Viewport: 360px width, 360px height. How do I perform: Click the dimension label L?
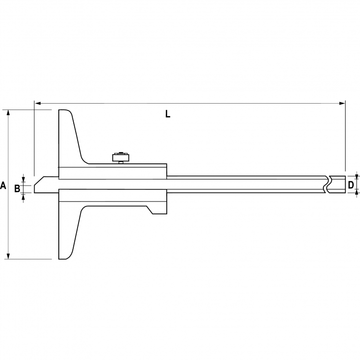pyautogui.click(x=167, y=114)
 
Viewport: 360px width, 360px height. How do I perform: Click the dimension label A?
pyautogui.click(x=3, y=185)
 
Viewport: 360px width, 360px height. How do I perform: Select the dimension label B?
pyautogui.click(x=17, y=188)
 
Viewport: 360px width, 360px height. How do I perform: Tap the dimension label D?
pyautogui.click(x=351, y=185)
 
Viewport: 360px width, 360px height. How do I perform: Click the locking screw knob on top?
pyautogui.click(x=120, y=157)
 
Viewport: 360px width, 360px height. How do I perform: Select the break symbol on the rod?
pyautogui.click(x=328, y=185)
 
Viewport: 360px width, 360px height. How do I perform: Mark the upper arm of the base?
pyautogui.click(x=67, y=137)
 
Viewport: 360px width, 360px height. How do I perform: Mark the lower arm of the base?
pyautogui.click(x=67, y=231)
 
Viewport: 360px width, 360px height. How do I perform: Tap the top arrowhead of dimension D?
pyautogui.click(x=357, y=174)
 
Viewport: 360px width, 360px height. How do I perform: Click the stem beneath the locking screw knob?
pyautogui.click(x=120, y=163)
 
